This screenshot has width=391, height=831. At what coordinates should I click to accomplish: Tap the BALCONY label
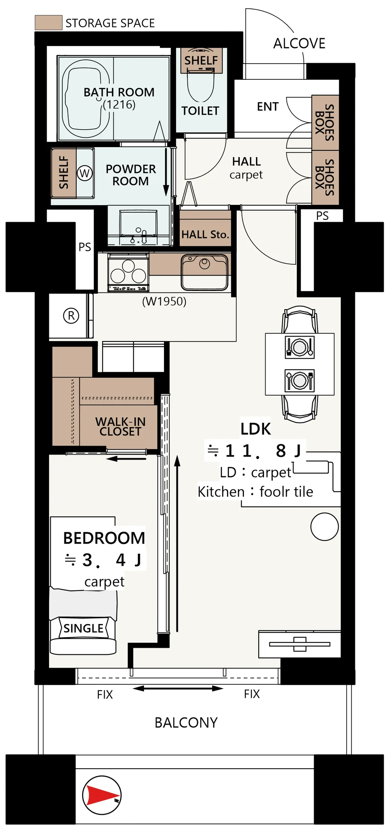(186, 723)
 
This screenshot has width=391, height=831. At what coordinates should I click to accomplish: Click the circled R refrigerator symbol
(71, 316)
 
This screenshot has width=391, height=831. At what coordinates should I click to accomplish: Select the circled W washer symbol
(85, 173)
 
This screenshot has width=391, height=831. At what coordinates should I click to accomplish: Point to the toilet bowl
(201, 86)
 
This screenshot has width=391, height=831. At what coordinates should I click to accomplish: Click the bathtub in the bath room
(86, 98)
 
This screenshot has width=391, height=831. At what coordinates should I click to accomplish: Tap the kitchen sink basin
(205, 272)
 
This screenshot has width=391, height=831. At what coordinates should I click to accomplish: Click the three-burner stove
(128, 272)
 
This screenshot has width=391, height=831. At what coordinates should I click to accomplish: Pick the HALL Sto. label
(205, 234)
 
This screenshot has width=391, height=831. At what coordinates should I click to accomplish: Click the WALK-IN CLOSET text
(120, 426)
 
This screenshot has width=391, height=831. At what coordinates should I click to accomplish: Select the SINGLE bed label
(83, 628)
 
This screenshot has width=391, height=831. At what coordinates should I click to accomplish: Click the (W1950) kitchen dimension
(164, 301)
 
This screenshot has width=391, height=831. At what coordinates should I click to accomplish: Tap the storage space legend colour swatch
(49, 22)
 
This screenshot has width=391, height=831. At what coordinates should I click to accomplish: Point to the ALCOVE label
(299, 43)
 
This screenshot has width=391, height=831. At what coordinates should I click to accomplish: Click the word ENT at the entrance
(268, 107)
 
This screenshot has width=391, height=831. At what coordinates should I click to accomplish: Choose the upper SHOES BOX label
(325, 123)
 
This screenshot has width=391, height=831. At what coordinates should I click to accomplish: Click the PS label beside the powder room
(85, 247)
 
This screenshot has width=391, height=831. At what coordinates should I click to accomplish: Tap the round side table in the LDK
(325, 526)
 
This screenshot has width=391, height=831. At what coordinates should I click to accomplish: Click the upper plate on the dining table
(299, 346)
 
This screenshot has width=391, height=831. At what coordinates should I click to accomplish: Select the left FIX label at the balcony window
(105, 694)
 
